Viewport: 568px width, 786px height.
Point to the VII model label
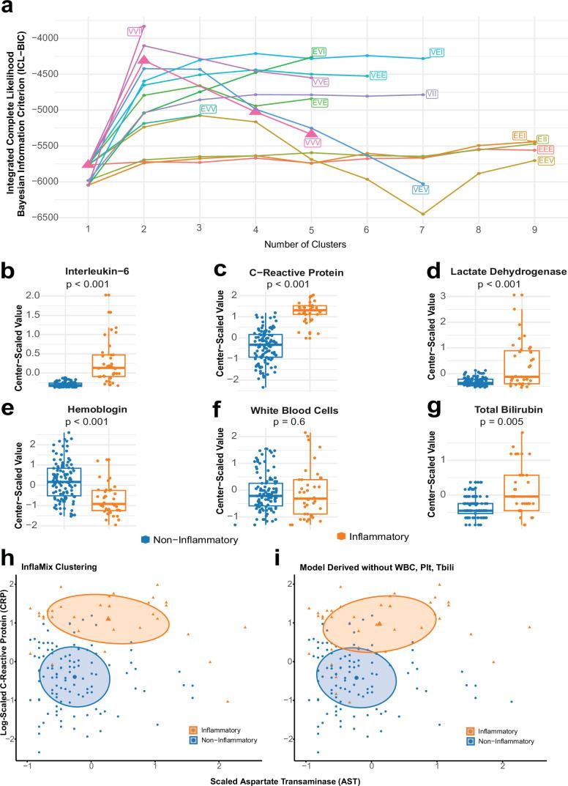tap(432, 94)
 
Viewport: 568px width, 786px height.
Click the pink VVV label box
tap(312, 142)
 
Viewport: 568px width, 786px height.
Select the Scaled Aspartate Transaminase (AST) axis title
tap(284, 779)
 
